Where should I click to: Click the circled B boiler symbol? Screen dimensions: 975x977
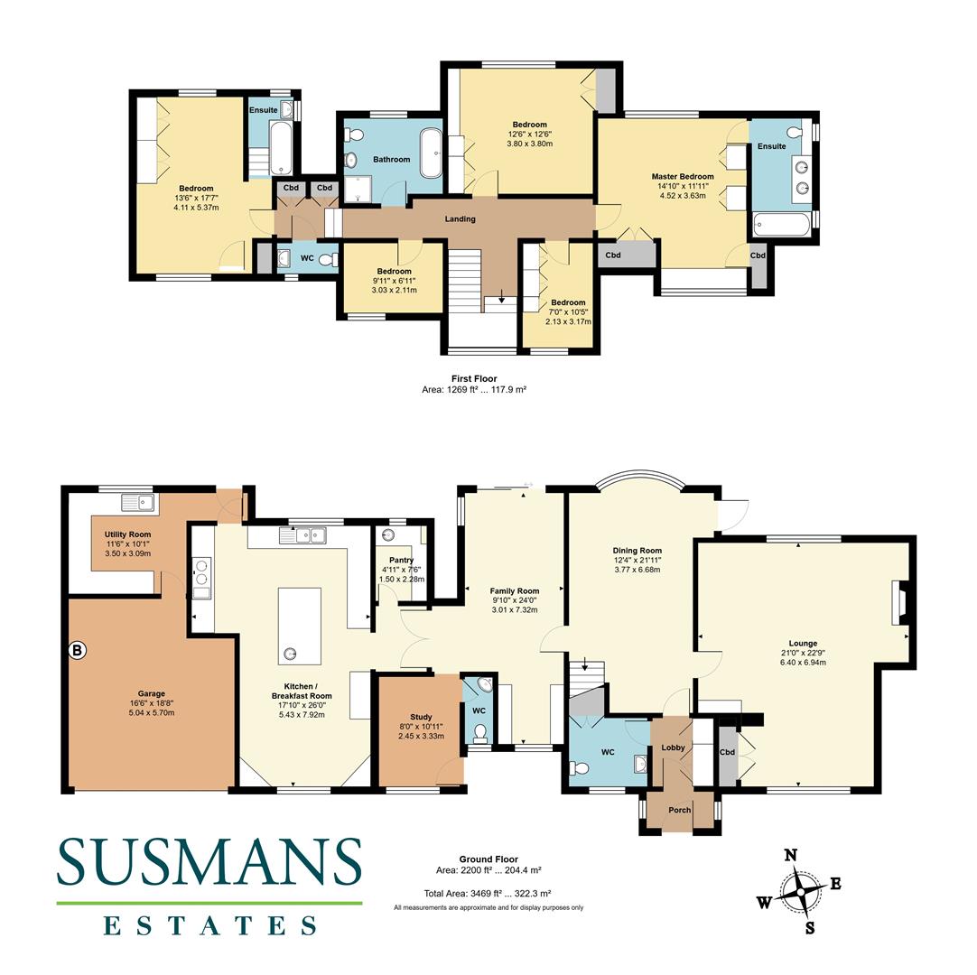pyautogui.click(x=78, y=650)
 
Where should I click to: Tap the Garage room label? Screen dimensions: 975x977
pyautogui.click(x=151, y=694)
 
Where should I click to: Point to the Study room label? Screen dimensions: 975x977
pyautogui.click(x=421, y=719)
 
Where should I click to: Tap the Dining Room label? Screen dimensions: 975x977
pyautogui.click(x=637, y=551)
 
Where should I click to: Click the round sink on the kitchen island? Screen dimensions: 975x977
pyautogui.click(x=292, y=653)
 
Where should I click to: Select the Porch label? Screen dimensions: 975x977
pyautogui.click(x=679, y=810)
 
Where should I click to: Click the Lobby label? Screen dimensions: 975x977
pyautogui.click(x=673, y=747)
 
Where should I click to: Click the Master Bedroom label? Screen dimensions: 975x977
pyautogui.click(x=683, y=177)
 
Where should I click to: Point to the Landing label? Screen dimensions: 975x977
pyautogui.click(x=460, y=219)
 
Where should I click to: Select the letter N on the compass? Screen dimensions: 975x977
pyautogui.click(x=790, y=855)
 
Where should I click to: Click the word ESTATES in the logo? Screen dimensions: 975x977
pyautogui.click(x=209, y=925)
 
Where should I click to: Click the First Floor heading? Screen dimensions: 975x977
pyautogui.click(x=474, y=378)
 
